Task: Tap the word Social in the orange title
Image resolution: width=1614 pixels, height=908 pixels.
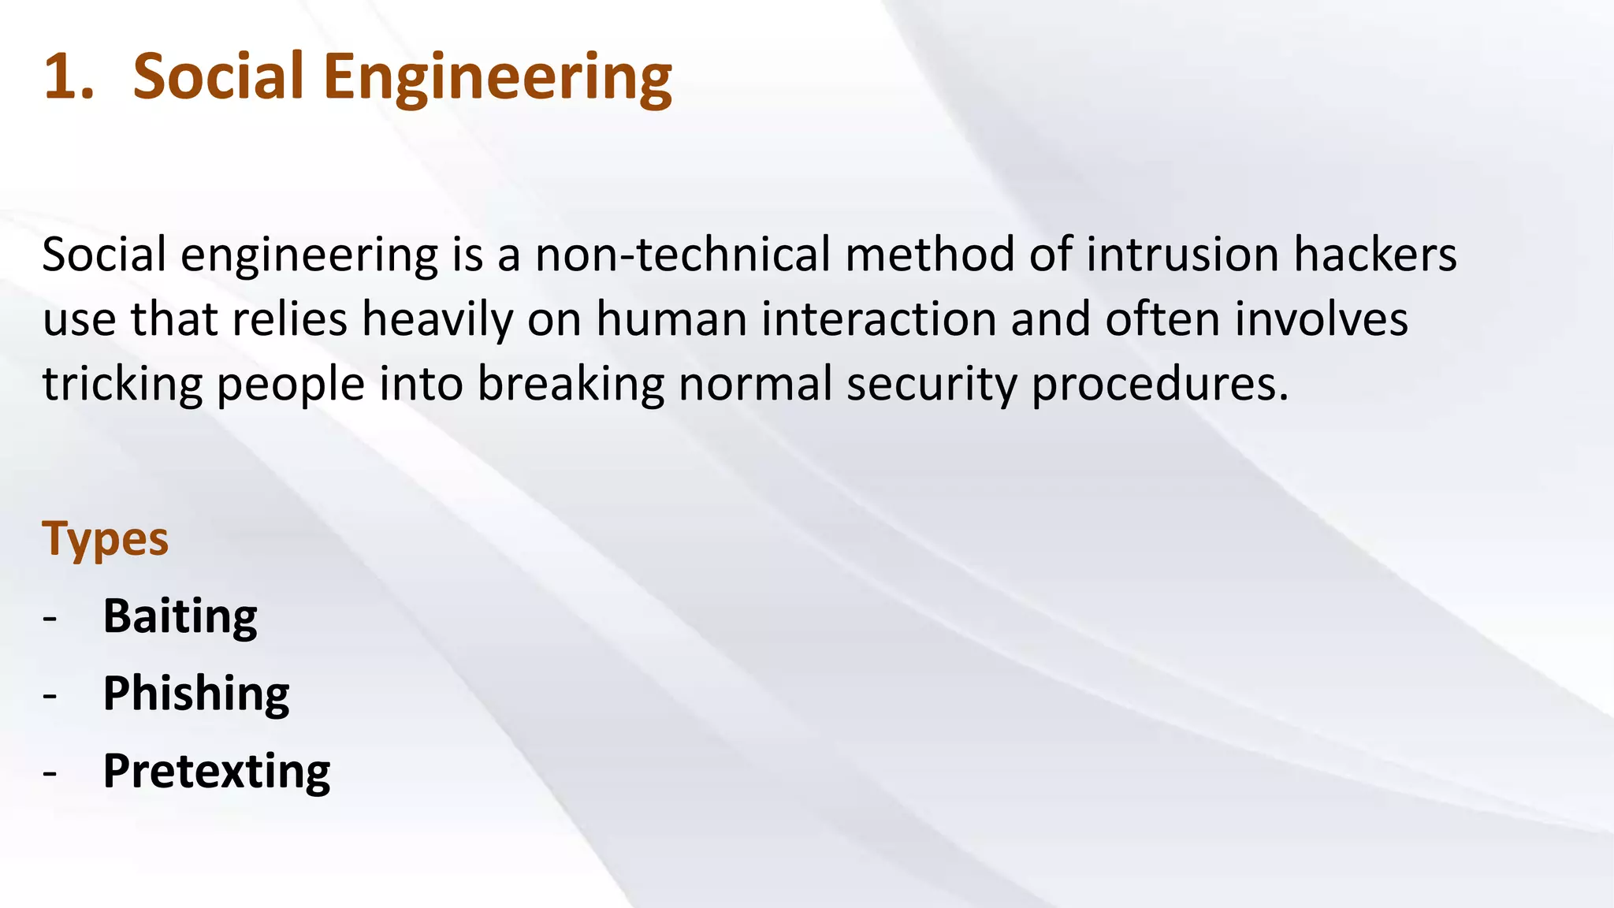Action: (x=218, y=76)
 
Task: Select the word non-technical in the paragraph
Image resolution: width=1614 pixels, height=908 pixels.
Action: (x=682, y=255)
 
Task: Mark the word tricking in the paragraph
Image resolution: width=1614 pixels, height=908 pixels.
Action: (x=122, y=385)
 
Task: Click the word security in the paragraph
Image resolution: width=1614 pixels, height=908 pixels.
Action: (x=932, y=385)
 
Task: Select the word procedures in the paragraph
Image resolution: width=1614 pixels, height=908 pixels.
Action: (x=1159, y=385)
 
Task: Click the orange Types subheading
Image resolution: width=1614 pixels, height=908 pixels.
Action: (x=105, y=540)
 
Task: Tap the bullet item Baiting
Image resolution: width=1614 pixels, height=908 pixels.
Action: (x=180, y=616)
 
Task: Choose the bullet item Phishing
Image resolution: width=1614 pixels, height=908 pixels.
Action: (x=196, y=693)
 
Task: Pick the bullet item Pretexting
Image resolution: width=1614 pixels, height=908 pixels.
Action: (x=217, y=770)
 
